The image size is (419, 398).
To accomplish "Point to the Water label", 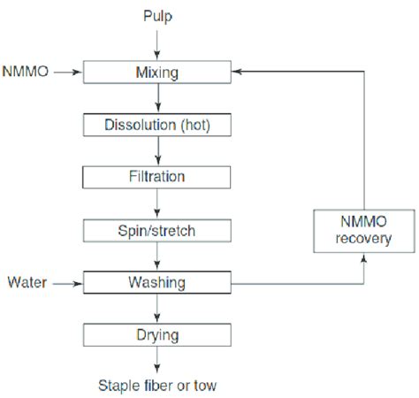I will (27, 283).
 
